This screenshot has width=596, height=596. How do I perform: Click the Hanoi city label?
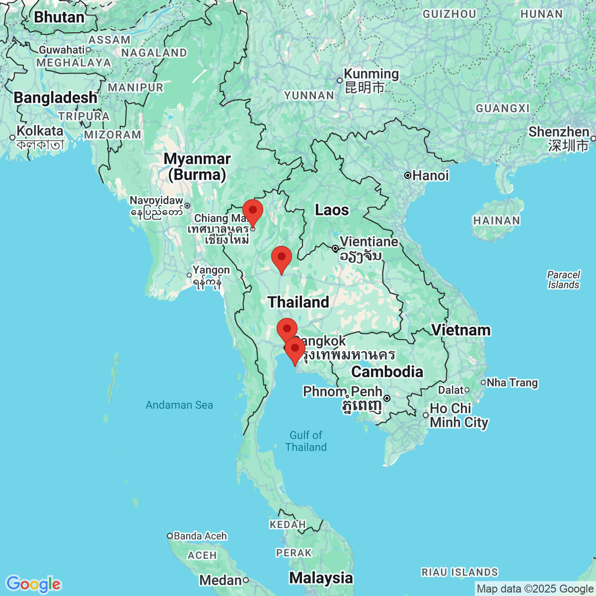430,175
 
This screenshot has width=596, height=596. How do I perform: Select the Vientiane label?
369,242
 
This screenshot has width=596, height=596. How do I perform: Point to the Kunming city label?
371,74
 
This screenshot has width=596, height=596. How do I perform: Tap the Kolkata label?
40,131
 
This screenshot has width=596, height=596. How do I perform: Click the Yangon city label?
211,270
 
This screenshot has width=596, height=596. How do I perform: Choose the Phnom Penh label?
342,392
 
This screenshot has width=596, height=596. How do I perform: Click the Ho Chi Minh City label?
458,415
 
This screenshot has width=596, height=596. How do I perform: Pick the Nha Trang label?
512,383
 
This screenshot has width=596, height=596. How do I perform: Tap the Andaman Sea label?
179,405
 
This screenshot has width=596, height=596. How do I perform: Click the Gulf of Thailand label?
306,441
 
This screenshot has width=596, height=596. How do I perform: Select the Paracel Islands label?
564,280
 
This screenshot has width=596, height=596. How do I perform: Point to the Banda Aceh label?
200,536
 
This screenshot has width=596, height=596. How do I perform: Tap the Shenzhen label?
558,132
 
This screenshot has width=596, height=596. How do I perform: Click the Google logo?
33,584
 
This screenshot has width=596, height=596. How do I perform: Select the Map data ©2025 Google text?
535,589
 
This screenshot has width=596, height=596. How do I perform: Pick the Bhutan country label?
59,17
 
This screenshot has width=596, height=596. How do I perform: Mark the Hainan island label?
496,221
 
